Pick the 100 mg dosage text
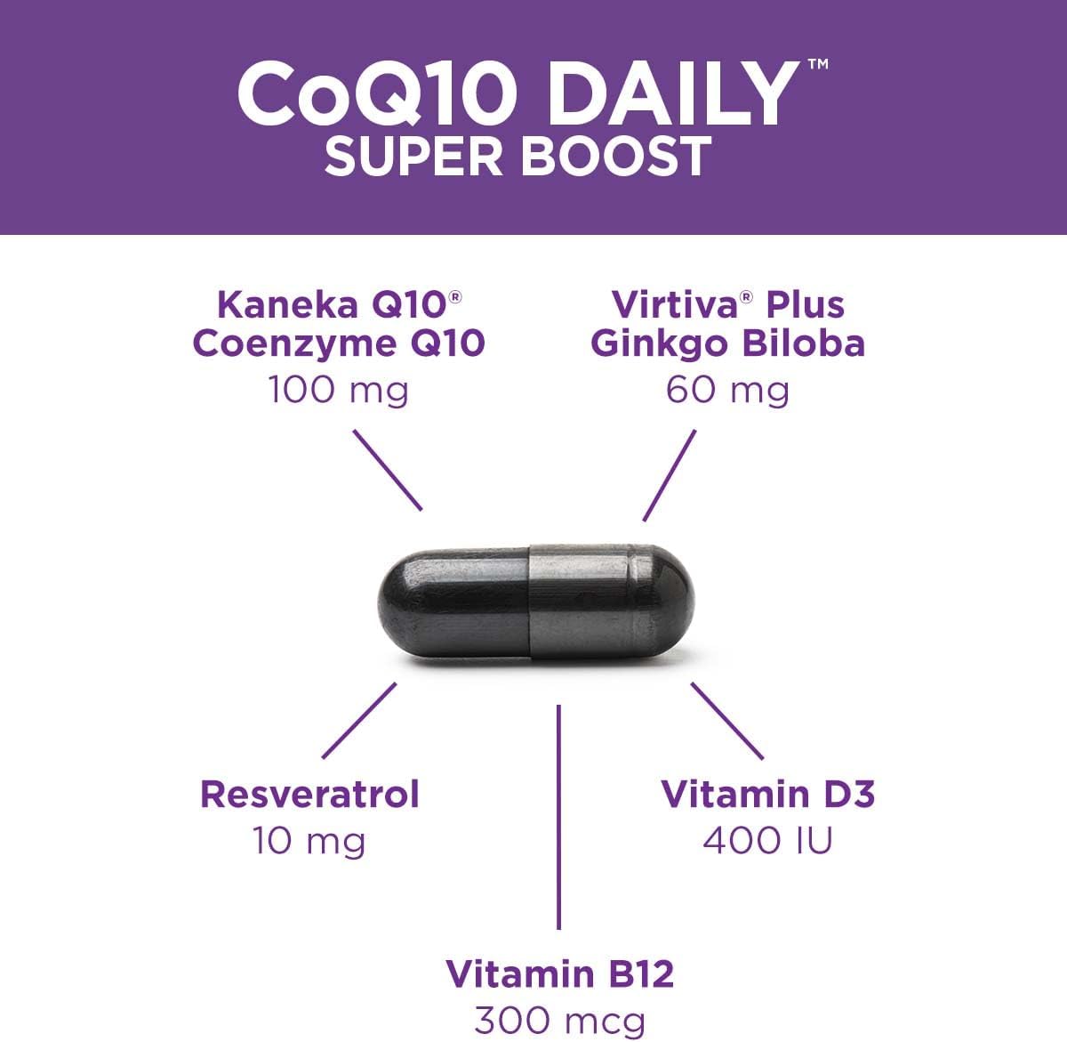point(339,390)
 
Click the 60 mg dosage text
point(727,390)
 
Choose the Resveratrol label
point(309,794)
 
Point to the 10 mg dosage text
point(309,841)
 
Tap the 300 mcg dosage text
point(559,1020)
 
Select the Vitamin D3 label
point(768,794)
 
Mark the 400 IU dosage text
point(768,841)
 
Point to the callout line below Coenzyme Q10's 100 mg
point(388,470)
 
